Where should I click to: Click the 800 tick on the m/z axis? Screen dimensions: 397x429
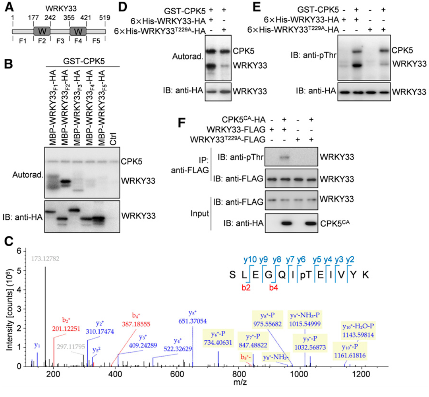tap(238, 374)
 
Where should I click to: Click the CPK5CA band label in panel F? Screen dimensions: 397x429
tap(329, 225)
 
